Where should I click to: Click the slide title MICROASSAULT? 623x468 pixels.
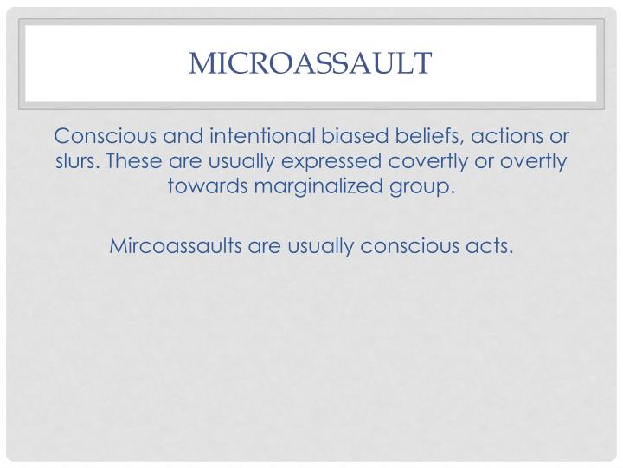click(311, 62)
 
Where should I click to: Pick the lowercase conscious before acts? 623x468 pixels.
click(422, 245)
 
